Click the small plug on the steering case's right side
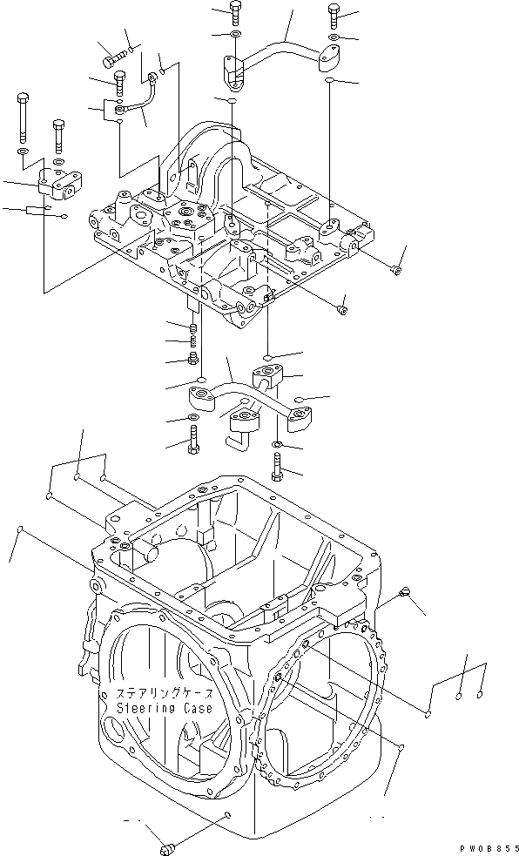point(403,593)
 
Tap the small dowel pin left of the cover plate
point(36,210)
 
